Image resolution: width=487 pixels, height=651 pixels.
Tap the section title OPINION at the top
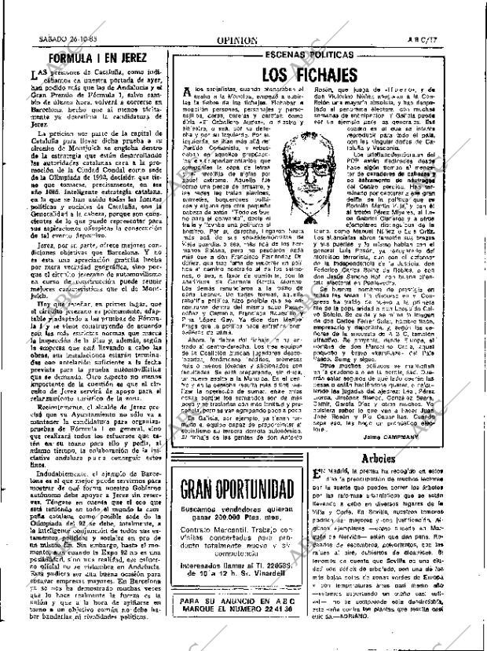coord(238,38)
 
